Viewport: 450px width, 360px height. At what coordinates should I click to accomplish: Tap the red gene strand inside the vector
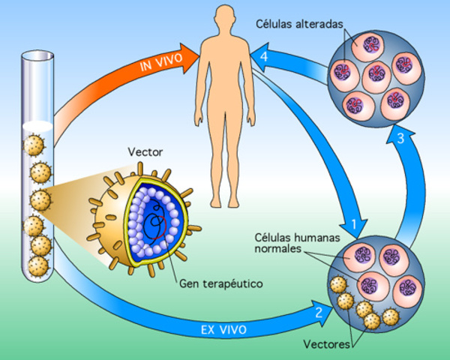[x=156, y=224]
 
